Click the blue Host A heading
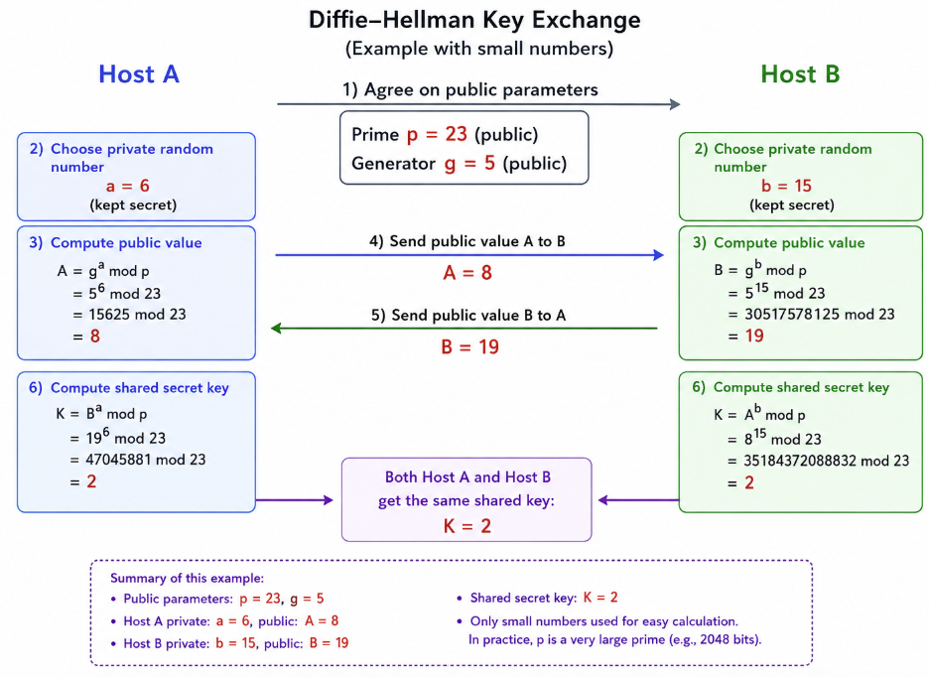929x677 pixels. pos(139,74)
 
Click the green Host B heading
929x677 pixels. pos(800,74)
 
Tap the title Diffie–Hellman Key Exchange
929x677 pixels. pos(474,20)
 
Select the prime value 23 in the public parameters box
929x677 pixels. pos(457,134)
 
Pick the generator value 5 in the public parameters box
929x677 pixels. pos(489,163)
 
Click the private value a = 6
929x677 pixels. pos(127,186)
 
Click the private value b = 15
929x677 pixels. pos(786,186)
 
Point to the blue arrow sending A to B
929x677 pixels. pos(469,255)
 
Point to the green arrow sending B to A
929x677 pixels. pos(464,328)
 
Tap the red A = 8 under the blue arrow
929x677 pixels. pos(467,273)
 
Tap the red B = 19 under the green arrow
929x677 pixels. pos(469,346)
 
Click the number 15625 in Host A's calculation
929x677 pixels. pos(109,315)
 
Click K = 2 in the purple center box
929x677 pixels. pos(466,526)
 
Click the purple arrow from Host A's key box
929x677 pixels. pos(295,500)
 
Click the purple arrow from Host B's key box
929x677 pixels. pos(639,500)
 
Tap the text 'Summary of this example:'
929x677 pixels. pos(188,578)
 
